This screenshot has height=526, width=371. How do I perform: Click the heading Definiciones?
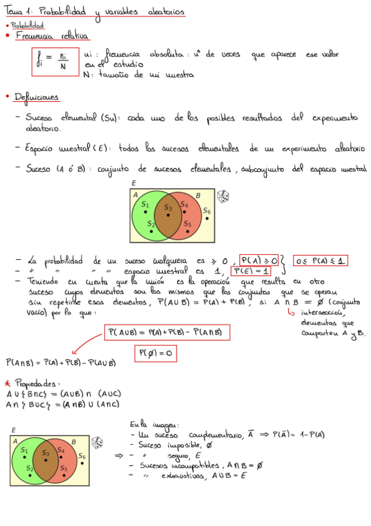click(x=38, y=98)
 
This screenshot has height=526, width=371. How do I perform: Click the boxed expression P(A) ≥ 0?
click(x=260, y=261)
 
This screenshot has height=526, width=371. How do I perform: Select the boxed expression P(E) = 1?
click(x=251, y=272)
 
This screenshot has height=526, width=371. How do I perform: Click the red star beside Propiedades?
click(x=7, y=383)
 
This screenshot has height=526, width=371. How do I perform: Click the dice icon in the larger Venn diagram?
click(x=222, y=197)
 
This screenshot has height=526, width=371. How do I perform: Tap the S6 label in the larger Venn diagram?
click(x=207, y=212)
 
